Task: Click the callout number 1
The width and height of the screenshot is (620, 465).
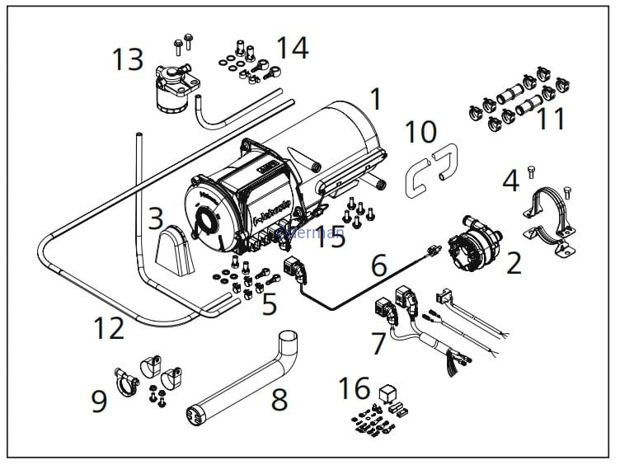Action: (376, 100)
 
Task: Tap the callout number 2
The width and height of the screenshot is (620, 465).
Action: (514, 264)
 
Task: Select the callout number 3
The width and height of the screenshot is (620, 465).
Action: (156, 219)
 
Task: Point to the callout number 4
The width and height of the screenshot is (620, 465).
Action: (511, 180)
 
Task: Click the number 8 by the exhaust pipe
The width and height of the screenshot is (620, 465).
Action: (279, 400)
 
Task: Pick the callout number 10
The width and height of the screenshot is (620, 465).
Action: (420, 131)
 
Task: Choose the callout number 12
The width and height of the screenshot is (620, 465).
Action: (109, 327)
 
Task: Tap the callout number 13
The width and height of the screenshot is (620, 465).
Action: (129, 59)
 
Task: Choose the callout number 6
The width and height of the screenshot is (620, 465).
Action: (378, 265)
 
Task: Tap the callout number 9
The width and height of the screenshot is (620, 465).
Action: (99, 402)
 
